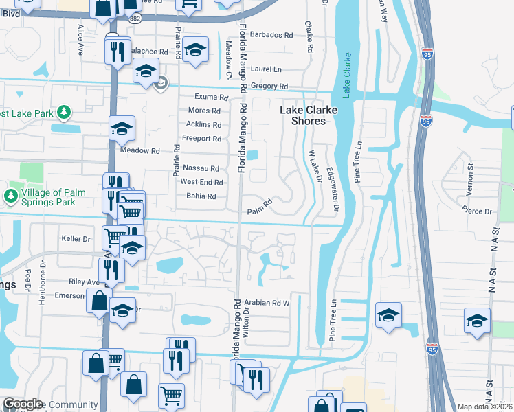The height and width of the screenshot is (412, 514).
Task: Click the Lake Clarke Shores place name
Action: tap(302, 115)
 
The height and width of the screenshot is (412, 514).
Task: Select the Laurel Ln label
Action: tap(267, 69)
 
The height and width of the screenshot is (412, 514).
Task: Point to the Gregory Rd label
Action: tap(269, 86)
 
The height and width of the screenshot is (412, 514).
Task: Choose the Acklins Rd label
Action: tap(204, 125)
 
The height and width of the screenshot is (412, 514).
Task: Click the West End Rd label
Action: tap(201, 183)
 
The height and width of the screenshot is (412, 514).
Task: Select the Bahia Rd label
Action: tap(202, 196)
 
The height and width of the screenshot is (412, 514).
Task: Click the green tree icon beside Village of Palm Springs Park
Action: tap(10, 197)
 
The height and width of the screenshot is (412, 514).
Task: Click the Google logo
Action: tap(23, 404)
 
